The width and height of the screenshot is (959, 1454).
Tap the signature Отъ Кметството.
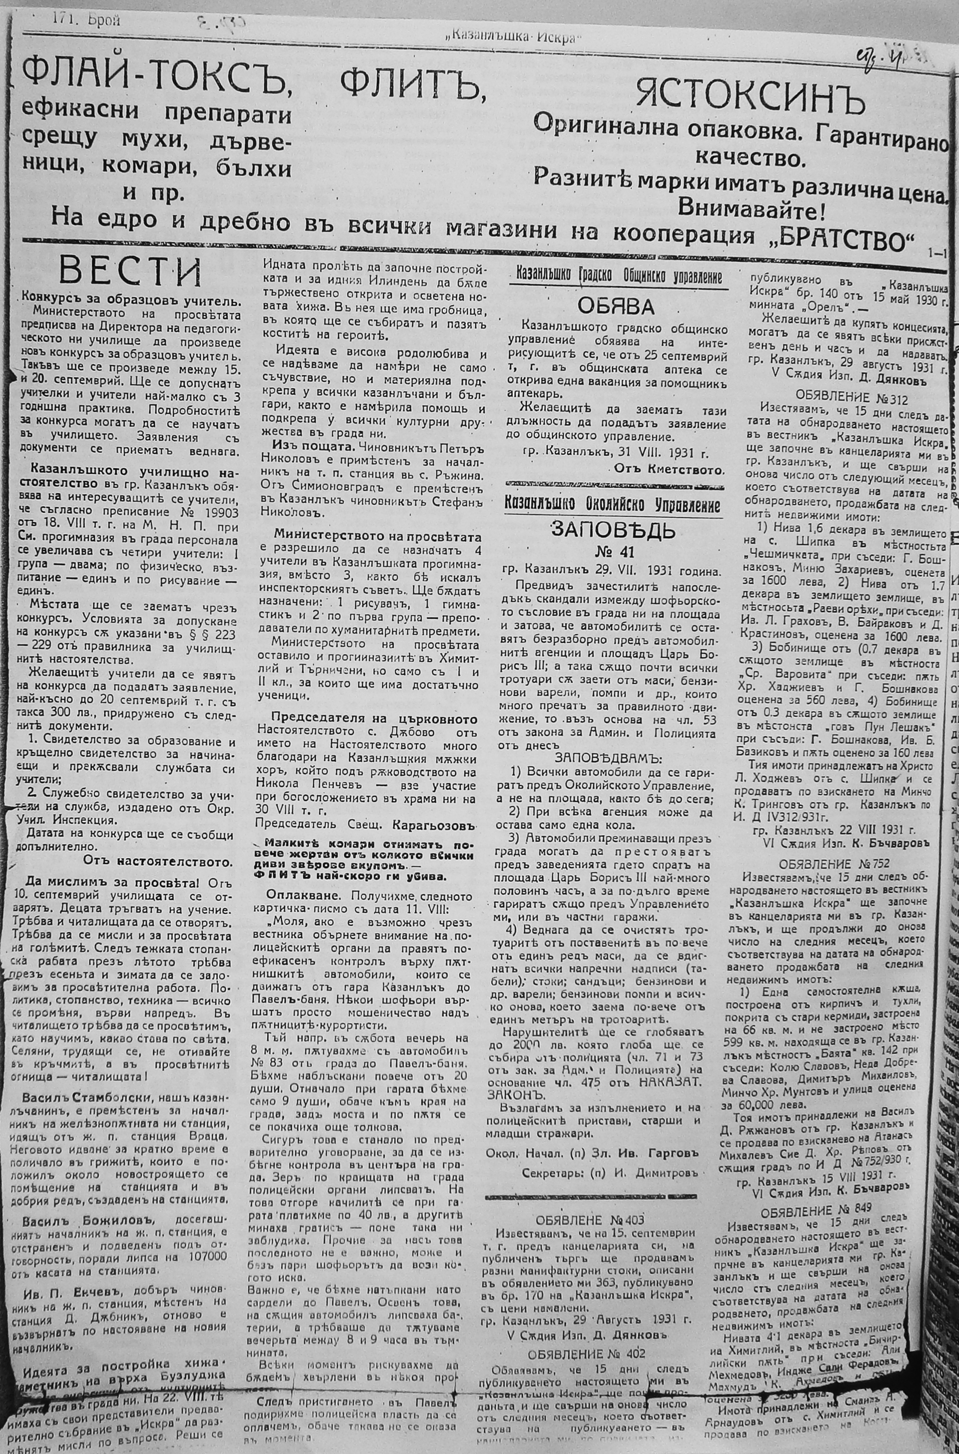coord(668,470)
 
